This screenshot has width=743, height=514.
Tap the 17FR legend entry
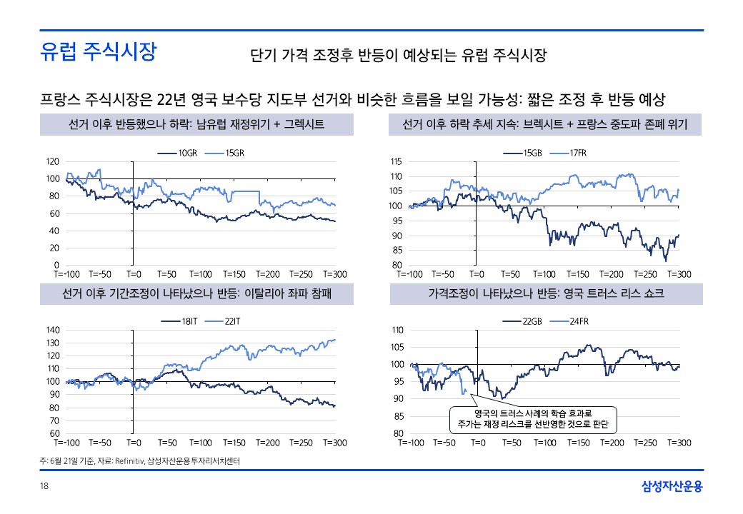578,153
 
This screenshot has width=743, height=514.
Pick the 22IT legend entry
234,322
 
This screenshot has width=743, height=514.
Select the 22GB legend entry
532,322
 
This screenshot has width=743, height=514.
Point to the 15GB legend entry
531,153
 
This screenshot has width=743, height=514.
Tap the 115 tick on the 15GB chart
397,162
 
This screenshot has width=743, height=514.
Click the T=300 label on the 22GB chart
679,443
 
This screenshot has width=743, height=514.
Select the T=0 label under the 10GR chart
134,274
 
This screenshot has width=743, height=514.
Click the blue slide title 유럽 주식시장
98,51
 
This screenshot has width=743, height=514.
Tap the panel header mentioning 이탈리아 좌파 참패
196,293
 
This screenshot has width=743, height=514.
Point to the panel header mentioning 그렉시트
196,125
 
